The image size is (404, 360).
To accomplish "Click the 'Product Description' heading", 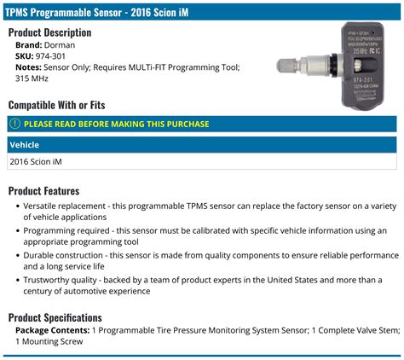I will (56, 32).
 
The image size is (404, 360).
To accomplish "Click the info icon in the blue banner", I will (15, 124).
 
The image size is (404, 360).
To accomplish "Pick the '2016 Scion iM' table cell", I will (37, 161).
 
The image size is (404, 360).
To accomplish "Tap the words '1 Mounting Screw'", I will (49, 341).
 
